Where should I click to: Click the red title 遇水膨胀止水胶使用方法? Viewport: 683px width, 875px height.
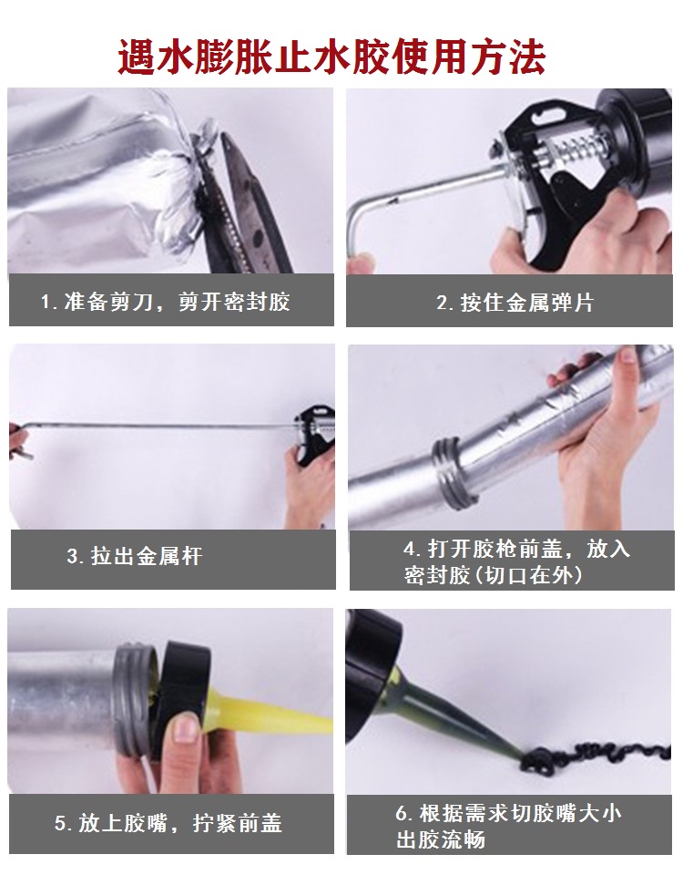[x=332, y=57]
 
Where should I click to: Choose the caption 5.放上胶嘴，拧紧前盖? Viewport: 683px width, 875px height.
[x=168, y=824]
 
